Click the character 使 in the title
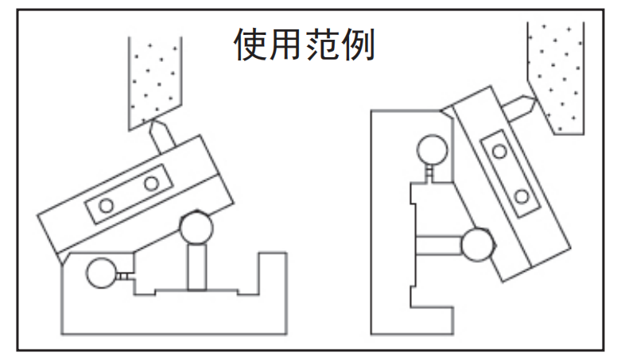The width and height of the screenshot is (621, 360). point(249,45)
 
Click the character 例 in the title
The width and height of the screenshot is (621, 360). point(355,45)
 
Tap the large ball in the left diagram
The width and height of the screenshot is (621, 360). point(196,229)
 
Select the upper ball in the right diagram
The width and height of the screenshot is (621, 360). point(432,149)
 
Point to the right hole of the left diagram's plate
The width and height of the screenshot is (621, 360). point(151,184)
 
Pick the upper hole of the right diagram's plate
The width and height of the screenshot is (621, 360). point(499,151)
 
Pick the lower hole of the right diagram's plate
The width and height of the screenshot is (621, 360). point(520,196)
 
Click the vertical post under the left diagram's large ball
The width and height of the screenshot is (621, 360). point(196,267)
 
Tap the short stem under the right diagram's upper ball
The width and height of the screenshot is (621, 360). point(430,172)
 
